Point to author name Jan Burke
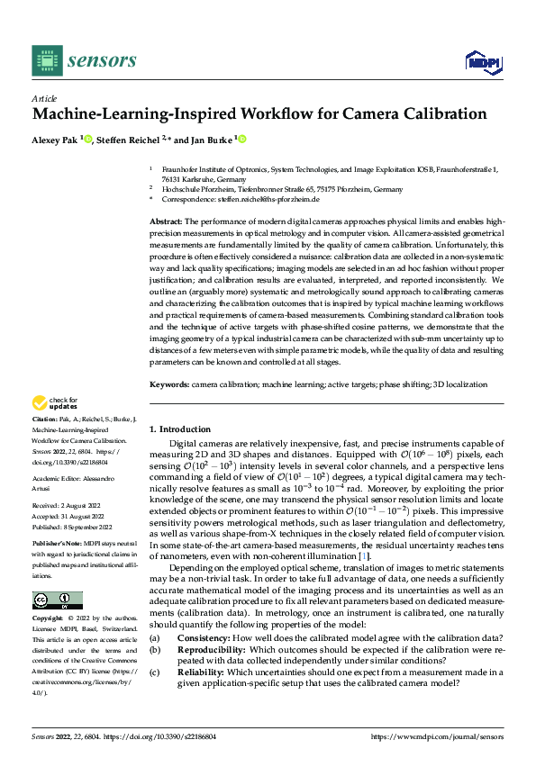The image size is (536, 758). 213,140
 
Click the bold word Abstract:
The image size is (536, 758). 166,221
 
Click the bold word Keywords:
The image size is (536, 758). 168,383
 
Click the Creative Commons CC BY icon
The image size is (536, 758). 57,600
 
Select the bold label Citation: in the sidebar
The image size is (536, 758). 44,420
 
